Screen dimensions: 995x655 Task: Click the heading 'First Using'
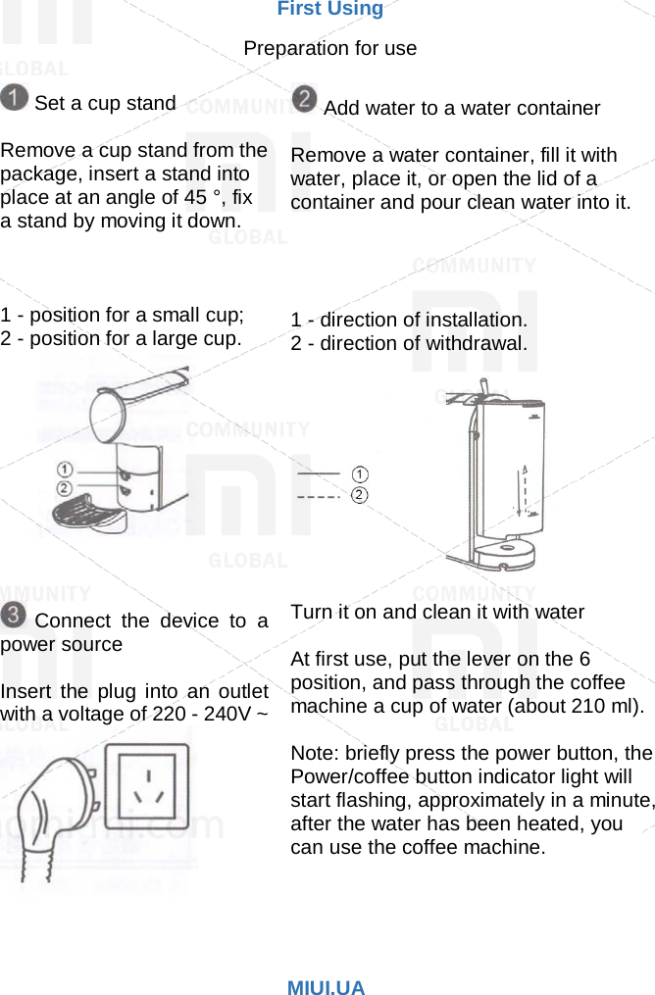coord(329,10)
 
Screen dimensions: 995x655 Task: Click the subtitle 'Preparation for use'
coord(329,48)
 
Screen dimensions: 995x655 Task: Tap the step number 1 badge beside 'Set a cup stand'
coord(15,99)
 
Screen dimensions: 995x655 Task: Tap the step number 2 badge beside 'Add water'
coord(305,100)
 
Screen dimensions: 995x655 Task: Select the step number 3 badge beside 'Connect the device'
coord(15,617)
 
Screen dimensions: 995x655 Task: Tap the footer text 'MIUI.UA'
coord(326,988)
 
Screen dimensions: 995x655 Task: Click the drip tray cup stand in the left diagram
coord(85,513)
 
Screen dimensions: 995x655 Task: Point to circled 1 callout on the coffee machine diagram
coord(65,470)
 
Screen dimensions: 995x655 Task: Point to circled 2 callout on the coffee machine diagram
coord(65,487)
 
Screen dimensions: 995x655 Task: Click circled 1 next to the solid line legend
coord(360,474)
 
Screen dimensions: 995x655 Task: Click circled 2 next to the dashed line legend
coord(360,496)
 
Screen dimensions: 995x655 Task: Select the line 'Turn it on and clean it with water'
coord(437,612)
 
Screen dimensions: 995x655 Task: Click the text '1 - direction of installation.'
coord(409,320)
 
